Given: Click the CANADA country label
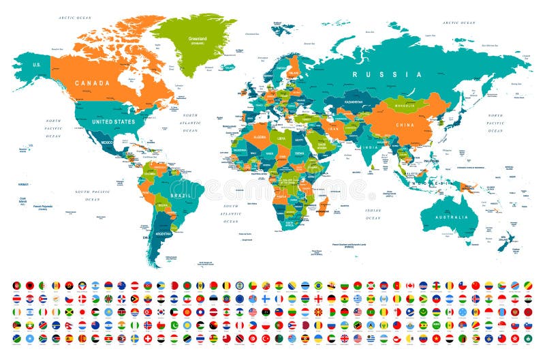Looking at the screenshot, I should [92, 82].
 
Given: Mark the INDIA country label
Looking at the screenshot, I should [370, 147].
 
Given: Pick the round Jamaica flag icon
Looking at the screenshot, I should [69, 312].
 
